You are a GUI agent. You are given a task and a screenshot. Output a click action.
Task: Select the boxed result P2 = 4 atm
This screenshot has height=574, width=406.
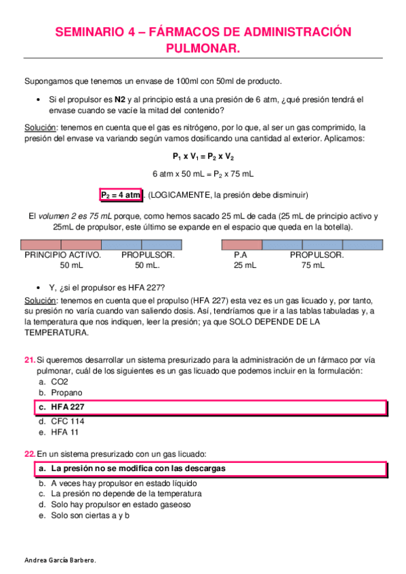click(121, 195)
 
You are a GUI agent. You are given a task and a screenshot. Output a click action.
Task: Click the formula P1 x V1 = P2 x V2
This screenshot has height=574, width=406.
click(203, 156)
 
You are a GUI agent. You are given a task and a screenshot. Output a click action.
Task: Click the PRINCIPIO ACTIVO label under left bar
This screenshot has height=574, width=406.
click(62, 255)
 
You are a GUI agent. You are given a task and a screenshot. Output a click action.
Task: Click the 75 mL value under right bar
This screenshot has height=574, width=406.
click(312, 266)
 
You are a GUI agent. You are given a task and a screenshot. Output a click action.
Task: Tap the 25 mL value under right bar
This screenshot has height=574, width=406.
click(245, 266)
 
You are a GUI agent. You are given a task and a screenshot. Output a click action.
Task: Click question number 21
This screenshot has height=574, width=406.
click(28, 359)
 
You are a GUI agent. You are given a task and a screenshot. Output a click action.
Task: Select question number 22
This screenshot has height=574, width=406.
click(28, 453)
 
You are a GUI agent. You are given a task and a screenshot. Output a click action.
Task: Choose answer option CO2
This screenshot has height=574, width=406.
click(60, 381)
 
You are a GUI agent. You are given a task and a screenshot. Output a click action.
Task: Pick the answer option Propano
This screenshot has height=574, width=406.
click(66, 392)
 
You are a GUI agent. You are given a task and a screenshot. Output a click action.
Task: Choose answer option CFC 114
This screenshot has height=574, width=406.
click(68, 421)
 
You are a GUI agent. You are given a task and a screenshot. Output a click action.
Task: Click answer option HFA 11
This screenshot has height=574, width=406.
click(64, 432)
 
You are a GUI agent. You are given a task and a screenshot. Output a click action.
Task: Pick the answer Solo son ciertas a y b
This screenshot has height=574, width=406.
click(89, 514)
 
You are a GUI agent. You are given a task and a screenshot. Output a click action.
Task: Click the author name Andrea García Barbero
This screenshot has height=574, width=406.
click(60, 561)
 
